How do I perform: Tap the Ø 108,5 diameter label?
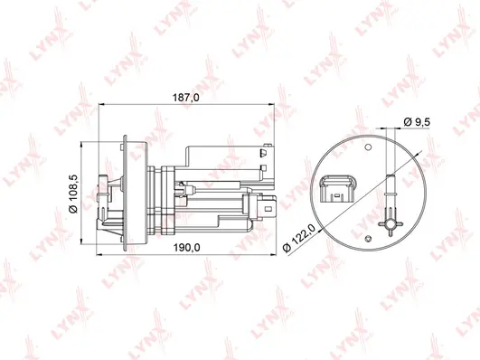(76, 190)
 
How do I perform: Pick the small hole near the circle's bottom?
(370, 237)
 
